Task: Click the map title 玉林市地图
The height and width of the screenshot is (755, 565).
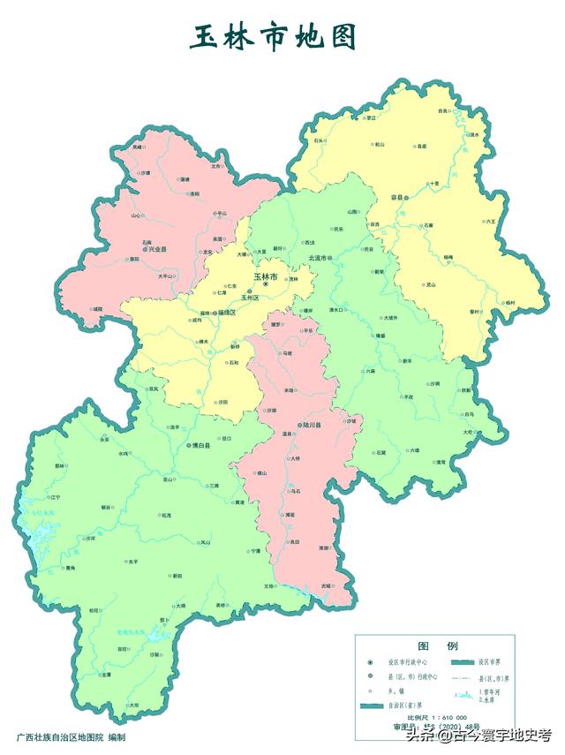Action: point(275,38)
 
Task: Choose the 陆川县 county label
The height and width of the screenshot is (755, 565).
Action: point(310,425)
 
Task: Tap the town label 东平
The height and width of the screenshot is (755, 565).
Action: point(132,561)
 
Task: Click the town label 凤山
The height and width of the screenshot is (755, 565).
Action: point(205,542)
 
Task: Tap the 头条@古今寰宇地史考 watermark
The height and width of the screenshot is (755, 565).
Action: point(479,735)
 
